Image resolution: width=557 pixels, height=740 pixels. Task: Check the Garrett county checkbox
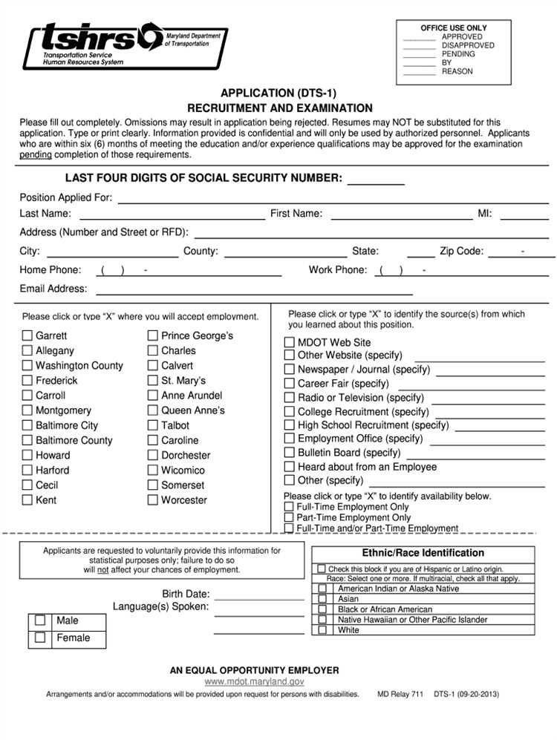click(x=27, y=335)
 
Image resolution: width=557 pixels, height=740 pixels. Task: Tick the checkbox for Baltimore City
click(x=27, y=425)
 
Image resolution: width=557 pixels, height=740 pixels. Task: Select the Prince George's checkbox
click(x=153, y=335)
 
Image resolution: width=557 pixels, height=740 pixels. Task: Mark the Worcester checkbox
click(x=153, y=500)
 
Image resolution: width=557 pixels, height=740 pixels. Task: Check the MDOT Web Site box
click(x=290, y=342)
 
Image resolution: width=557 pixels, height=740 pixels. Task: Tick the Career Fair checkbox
click(x=290, y=384)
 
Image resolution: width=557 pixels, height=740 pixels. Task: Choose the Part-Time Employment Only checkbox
click(x=289, y=517)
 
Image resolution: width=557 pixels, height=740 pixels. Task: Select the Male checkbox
click(x=40, y=620)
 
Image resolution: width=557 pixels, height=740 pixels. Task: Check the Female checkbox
click(x=40, y=637)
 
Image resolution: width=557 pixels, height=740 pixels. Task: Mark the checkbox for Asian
click(x=322, y=598)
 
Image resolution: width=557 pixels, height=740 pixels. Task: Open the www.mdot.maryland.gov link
click(x=254, y=681)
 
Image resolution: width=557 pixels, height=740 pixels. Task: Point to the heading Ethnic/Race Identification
click(x=423, y=553)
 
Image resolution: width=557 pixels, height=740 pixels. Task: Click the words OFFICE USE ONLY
click(x=454, y=28)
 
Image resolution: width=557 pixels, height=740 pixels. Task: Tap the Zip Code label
click(x=461, y=252)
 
